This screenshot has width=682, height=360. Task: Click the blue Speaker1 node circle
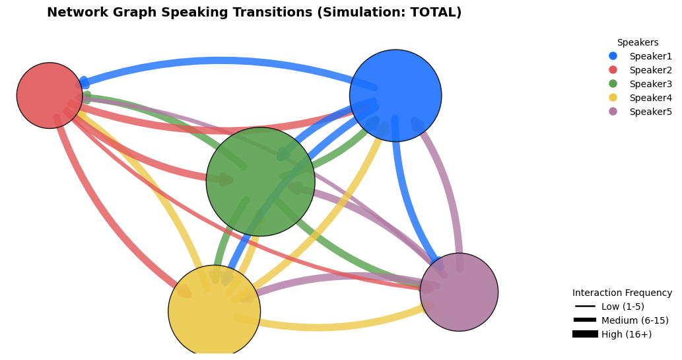click(x=395, y=95)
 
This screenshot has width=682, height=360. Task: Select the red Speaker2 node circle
click(x=50, y=95)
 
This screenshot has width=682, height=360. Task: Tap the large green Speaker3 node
click(x=261, y=182)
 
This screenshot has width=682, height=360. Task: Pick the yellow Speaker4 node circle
click(x=215, y=311)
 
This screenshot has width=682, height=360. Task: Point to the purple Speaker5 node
click(x=459, y=292)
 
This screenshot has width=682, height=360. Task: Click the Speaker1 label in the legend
click(x=650, y=56)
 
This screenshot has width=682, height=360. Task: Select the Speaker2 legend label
click(x=650, y=70)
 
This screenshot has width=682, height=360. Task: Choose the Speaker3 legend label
click(x=650, y=84)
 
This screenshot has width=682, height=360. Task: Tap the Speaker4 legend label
click(x=650, y=98)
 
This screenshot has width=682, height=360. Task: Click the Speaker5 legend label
click(x=650, y=112)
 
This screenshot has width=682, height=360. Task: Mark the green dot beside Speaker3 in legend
click(x=613, y=84)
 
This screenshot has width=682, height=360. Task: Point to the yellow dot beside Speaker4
click(x=613, y=98)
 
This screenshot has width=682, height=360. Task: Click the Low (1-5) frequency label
click(x=623, y=306)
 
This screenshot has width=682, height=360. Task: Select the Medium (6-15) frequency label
click(x=634, y=320)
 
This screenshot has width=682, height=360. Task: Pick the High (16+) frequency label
click(x=627, y=334)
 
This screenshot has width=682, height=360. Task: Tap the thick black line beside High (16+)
click(x=585, y=334)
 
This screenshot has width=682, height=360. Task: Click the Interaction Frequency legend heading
click(x=622, y=293)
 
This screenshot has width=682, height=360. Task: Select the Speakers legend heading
click(x=638, y=42)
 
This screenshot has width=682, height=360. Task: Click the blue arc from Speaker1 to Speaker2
click(x=222, y=60)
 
